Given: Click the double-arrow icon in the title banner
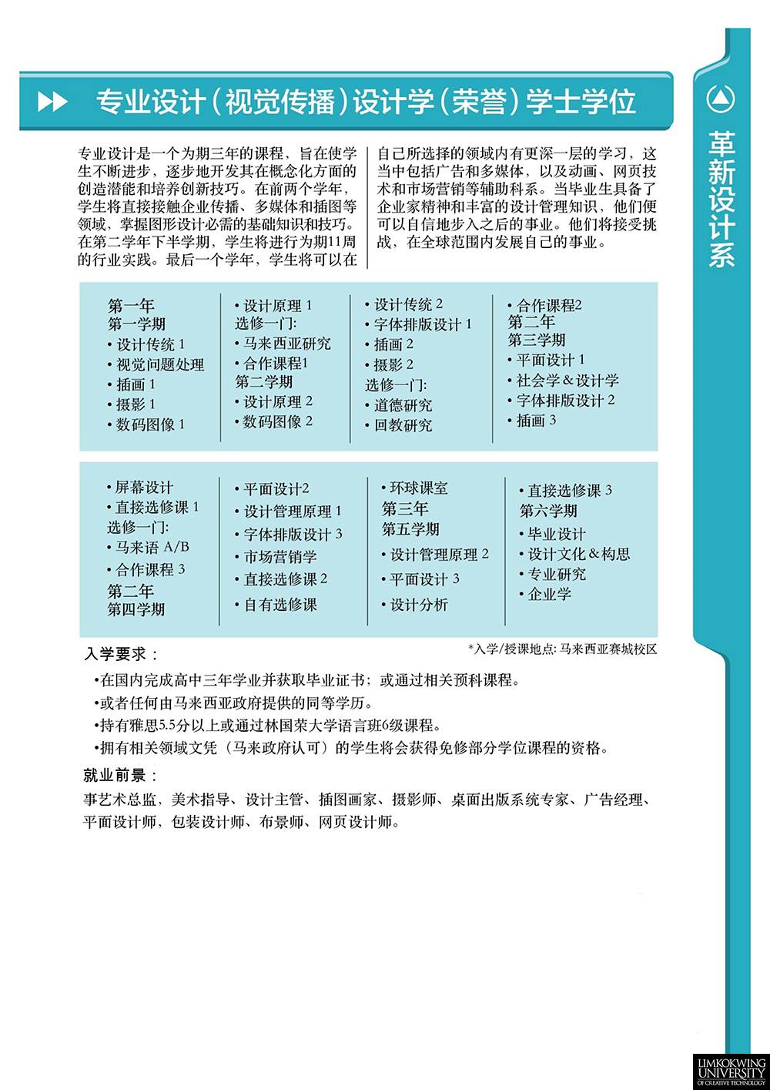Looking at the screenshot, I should click(x=52, y=102).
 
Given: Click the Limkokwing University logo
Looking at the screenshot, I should click(x=730, y=1069).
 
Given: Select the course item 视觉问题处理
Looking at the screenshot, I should click(x=159, y=365).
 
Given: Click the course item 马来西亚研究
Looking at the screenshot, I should click(x=286, y=344).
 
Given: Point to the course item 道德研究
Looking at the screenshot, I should click(x=403, y=405).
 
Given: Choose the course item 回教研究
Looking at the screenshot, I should click(x=403, y=425).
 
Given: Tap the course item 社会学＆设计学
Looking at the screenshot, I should click(x=567, y=381).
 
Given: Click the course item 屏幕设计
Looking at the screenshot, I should click(x=144, y=488).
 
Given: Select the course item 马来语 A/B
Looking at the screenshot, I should click(x=152, y=548).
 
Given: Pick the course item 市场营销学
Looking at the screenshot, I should click(x=280, y=557).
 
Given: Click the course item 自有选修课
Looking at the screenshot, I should click(x=280, y=605).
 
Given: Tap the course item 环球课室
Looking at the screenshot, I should click(x=418, y=488).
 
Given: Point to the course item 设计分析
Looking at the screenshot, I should click(x=418, y=605).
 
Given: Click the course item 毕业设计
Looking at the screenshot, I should click(x=556, y=534).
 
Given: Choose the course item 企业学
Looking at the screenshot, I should click(x=549, y=594).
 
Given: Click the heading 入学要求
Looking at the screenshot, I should click(x=119, y=655).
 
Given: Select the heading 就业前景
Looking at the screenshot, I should click(x=119, y=775).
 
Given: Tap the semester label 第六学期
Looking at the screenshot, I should click(x=548, y=511).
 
